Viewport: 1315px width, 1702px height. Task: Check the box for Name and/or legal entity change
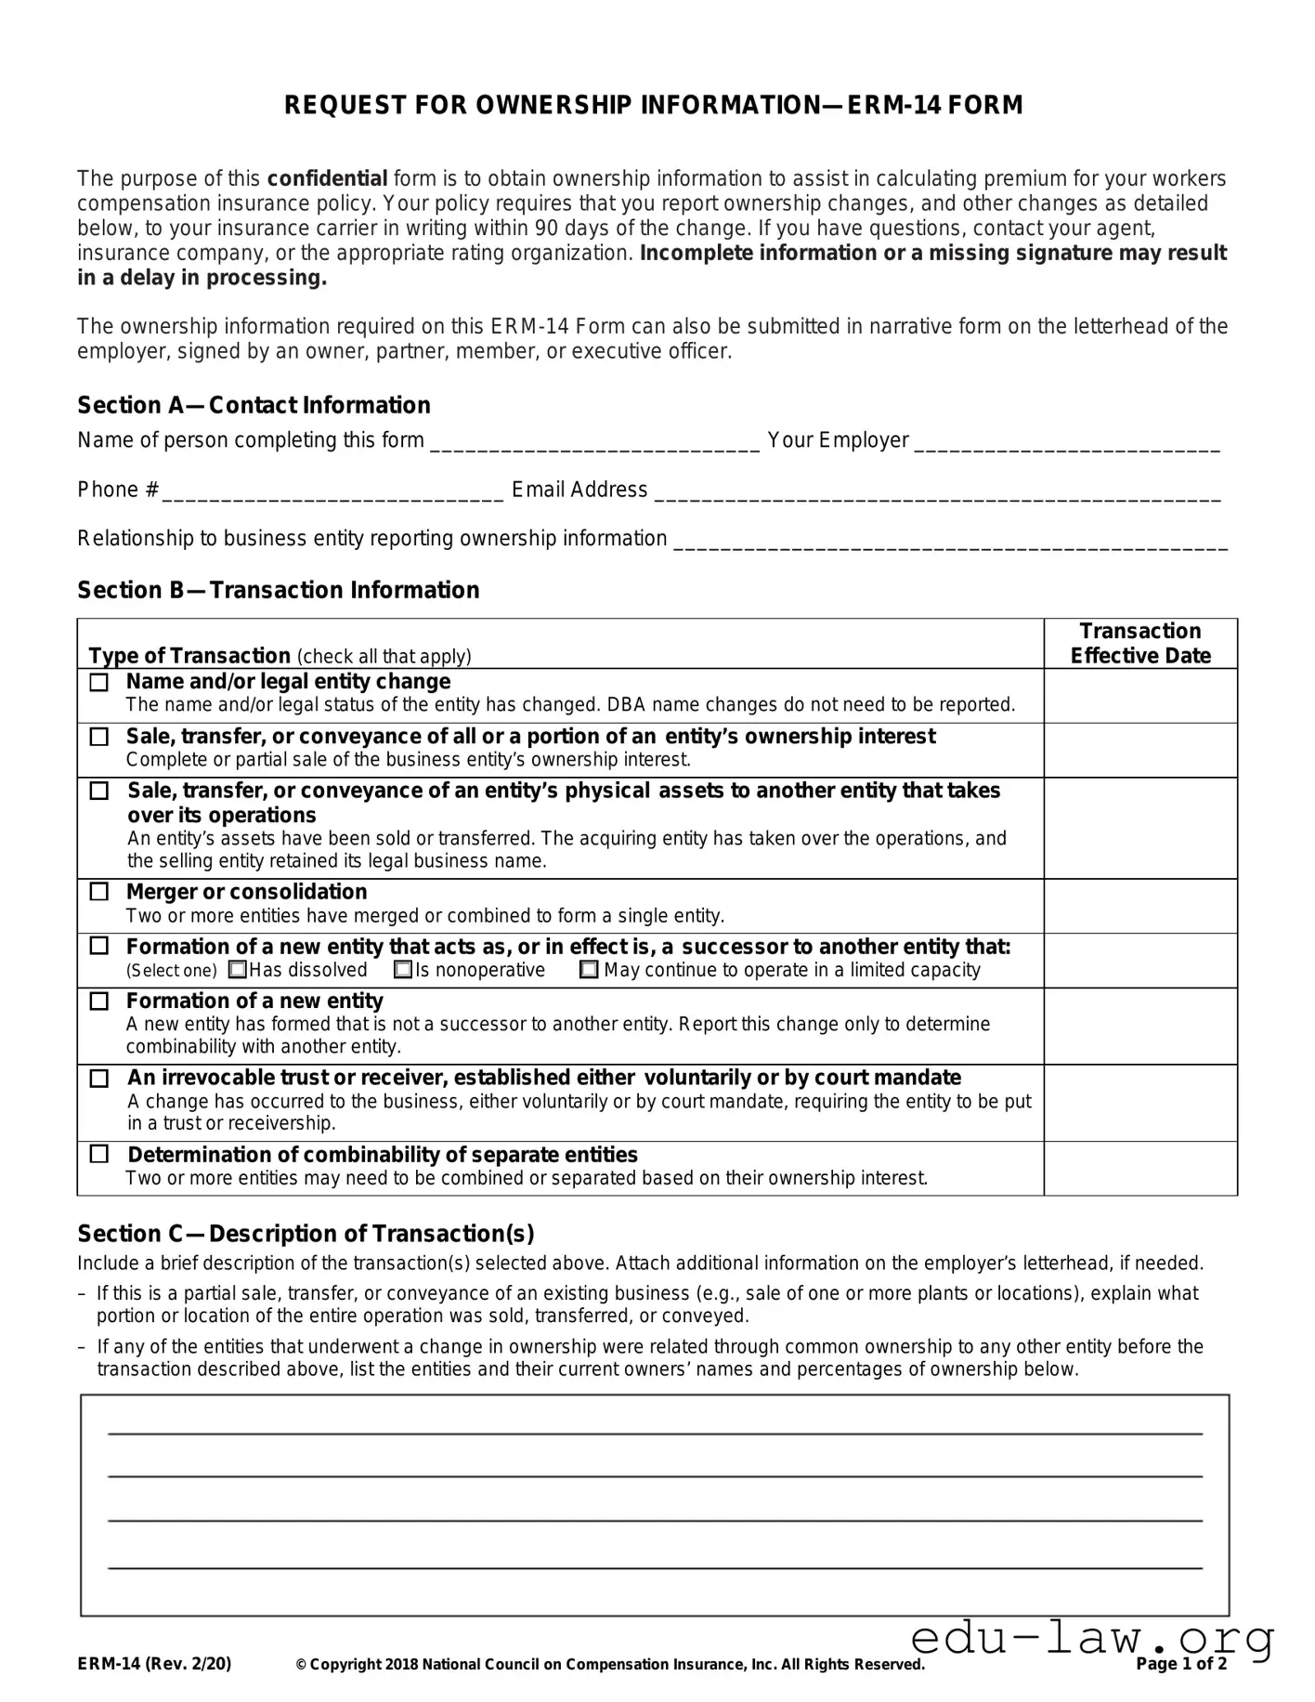[x=98, y=682]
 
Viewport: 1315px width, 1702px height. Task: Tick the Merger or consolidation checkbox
[x=98, y=892]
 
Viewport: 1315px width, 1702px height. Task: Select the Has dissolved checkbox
[x=238, y=970]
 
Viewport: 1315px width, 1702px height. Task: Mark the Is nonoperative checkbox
[x=403, y=970]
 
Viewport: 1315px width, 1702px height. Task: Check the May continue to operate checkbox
[x=589, y=970]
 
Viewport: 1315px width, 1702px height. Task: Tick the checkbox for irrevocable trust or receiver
[x=98, y=1079]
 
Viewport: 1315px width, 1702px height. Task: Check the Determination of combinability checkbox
[x=98, y=1154]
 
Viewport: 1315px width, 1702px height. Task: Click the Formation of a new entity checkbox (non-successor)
[x=98, y=1002]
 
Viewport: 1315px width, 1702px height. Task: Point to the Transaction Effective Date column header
[x=1139, y=643]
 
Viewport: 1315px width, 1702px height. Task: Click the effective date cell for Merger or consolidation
[x=1139, y=906]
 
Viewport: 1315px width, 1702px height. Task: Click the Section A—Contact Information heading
[x=254, y=405]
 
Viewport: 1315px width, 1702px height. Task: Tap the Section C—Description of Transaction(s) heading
[x=306, y=1234]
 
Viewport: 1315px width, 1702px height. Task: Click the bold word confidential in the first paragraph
[x=327, y=178]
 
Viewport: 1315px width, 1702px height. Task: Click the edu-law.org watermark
[x=1092, y=1638]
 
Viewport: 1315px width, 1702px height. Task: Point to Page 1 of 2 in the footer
[x=1181, y=1664]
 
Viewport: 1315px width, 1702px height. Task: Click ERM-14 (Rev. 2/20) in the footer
[x=154, y=1664]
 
